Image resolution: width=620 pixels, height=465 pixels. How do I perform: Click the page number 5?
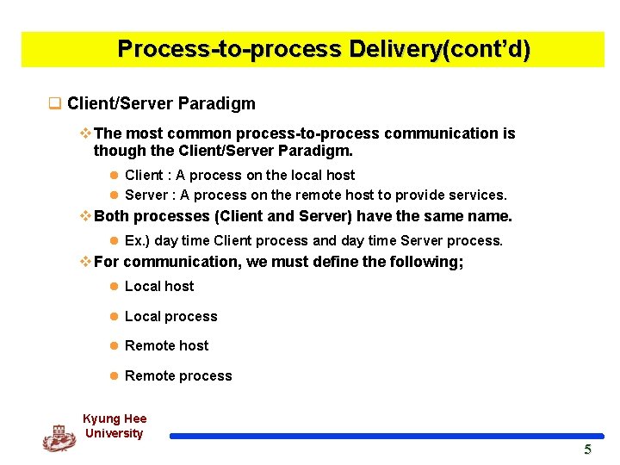point(588,449)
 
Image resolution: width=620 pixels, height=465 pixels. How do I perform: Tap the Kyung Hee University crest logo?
point(59,437)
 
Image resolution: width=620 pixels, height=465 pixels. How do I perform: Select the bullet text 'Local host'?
point(159,287)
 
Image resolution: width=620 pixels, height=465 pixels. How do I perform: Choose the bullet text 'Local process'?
point(170,317)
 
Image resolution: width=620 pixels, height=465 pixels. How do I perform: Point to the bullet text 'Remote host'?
point(166,346)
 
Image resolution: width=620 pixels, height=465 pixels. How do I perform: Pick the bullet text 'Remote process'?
point(178,376)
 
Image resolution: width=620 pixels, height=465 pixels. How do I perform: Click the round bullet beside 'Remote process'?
point(114,376)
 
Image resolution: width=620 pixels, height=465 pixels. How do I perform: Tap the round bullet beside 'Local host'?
point(114,287)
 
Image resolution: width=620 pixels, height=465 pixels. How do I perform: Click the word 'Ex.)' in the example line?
point(139,241)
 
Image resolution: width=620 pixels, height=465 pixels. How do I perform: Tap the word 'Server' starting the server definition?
point(146,195)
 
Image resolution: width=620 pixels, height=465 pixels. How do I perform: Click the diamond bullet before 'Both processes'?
point(84,216)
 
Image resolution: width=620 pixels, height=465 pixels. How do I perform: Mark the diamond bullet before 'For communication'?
point(84,262)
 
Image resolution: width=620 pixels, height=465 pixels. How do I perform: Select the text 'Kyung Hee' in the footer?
point(115,419)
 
